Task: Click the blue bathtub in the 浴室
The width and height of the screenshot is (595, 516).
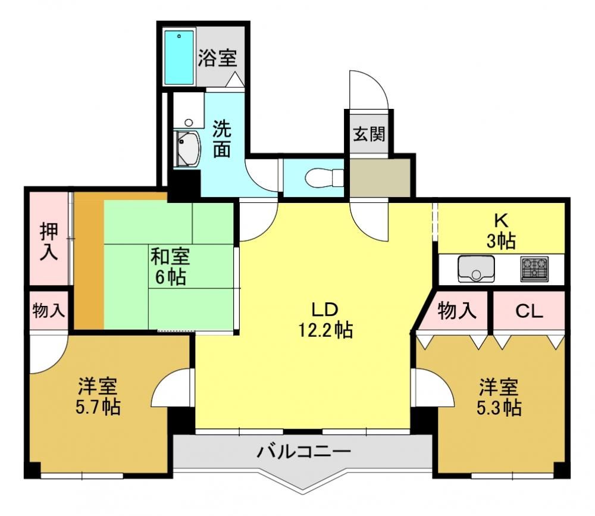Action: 179,57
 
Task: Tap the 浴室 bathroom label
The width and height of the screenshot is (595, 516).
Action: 217,58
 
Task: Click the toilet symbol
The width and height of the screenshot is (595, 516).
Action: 324,178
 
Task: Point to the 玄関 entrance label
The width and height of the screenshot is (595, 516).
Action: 369,134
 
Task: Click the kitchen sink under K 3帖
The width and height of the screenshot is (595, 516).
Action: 477,269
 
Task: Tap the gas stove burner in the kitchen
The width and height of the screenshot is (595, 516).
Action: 535,269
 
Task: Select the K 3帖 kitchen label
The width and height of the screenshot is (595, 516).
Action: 501,230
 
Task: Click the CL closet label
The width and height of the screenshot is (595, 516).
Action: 529,311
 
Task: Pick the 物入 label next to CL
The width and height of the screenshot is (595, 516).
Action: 457,311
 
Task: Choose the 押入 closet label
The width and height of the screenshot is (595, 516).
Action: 49,242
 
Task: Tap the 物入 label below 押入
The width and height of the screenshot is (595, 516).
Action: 49,311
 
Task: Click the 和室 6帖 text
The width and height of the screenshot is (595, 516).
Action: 170,267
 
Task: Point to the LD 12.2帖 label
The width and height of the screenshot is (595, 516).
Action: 325,320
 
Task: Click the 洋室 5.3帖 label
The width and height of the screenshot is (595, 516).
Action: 499,397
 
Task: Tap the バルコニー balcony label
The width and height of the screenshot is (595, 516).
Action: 303,452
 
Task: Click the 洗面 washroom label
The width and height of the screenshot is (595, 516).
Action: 221,139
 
